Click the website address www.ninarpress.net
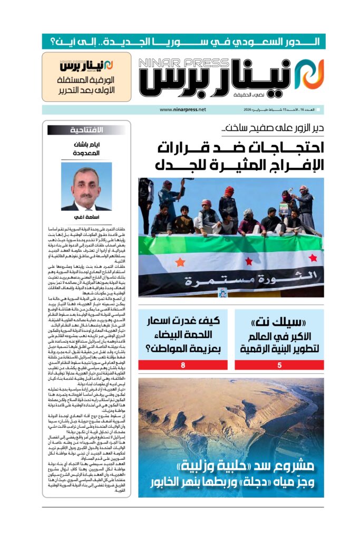pyautogui.click(x=182, y=110)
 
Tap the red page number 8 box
pyautogui.click(x=183, y=364)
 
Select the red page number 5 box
pyautogui.click(x=279, y=364)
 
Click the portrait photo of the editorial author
pyautogui.click(x=86, y=186)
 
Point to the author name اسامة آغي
pyautogui.click(x=86, y=217)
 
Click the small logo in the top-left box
pyautogui.click(x=86, y=66)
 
